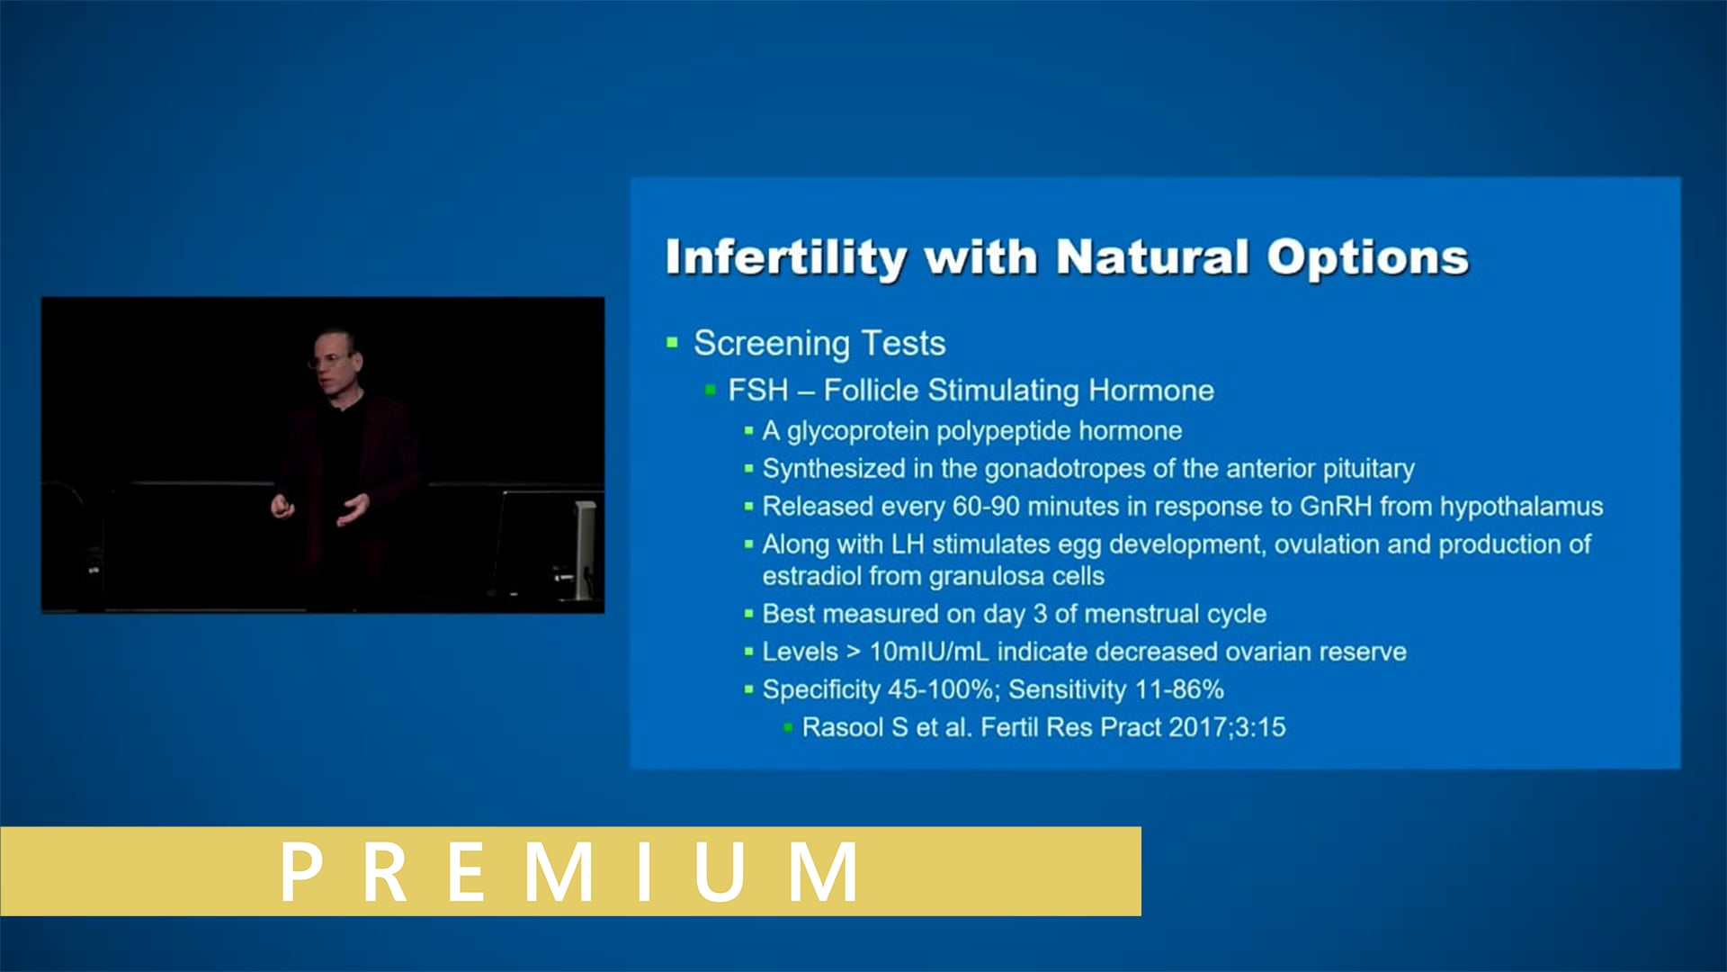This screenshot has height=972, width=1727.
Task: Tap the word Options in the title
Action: [x=1367, y=257]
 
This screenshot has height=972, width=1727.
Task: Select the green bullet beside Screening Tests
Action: [x=672, y=343]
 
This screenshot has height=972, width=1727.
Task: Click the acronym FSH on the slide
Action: [x=757, y=391]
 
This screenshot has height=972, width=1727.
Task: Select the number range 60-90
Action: [x=986, y=507]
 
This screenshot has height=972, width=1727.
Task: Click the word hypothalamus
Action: [x=1521, y=507]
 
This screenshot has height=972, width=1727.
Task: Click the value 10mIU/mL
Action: [x=929, y=652]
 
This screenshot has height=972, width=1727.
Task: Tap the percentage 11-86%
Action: [x=1179, y=689]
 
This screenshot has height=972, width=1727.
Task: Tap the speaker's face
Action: [x=335, y=360]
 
